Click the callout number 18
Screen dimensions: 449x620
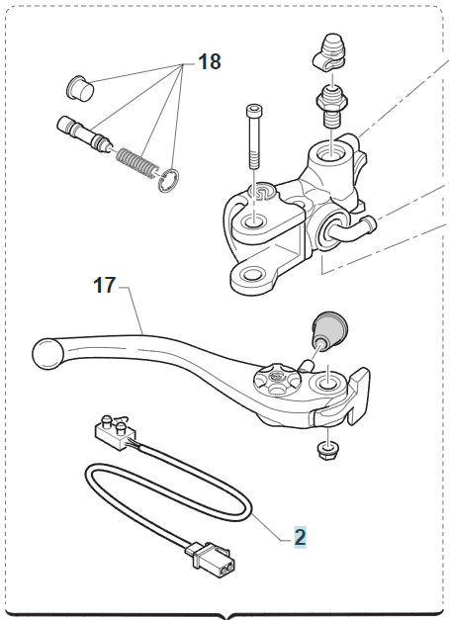210,62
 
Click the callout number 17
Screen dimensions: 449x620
105,285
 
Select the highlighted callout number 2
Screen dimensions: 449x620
300,537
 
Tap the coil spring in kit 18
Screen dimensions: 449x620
136,163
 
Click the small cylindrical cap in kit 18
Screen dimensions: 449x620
80,88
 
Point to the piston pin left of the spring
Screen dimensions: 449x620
85,133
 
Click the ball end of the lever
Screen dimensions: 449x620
47,353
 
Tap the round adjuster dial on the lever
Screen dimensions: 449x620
277,380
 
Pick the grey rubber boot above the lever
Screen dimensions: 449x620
329,329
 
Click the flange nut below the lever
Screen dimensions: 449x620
327,450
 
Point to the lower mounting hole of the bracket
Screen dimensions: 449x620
252,274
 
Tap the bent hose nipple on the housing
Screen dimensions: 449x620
354,229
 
